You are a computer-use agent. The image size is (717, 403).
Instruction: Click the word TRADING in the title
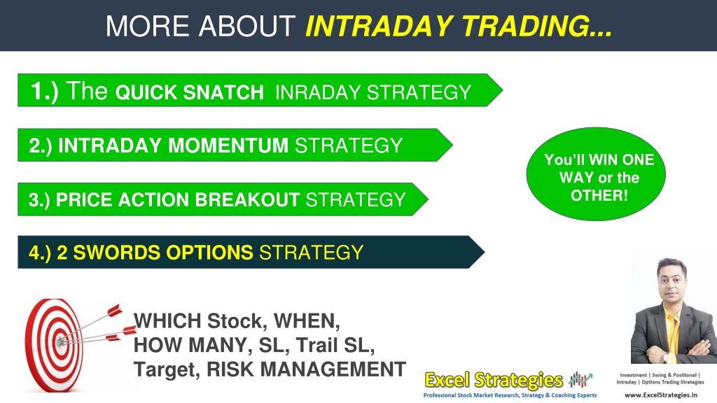pos(537,26)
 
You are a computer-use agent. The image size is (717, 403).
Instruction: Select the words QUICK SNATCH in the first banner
pos(189,92)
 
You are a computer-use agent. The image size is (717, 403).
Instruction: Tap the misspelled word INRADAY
pos(318,92)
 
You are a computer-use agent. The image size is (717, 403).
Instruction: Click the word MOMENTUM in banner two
pos(228,146)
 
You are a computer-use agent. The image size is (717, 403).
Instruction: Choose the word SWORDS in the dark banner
pos(117,253)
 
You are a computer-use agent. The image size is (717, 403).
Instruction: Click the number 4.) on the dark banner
pos(40,253)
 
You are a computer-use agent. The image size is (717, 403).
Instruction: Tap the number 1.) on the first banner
pos(44,91)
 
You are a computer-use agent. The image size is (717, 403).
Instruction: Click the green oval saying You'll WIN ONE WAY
pos(596,174)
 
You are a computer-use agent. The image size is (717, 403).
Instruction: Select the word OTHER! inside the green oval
pos(599,196)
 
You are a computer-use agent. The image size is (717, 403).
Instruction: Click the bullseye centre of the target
pos(60,341)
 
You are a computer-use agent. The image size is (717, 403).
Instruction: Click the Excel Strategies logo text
pos(494,380)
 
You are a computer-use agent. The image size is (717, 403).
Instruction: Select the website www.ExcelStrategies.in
pos(661,395)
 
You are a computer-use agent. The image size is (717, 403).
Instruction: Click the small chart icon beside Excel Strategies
pos(580,380)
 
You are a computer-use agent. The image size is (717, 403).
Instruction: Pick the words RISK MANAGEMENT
pos(307,369)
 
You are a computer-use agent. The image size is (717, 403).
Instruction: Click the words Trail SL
pos(335,346)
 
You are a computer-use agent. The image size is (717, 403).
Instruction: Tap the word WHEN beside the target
pos(307,321)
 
